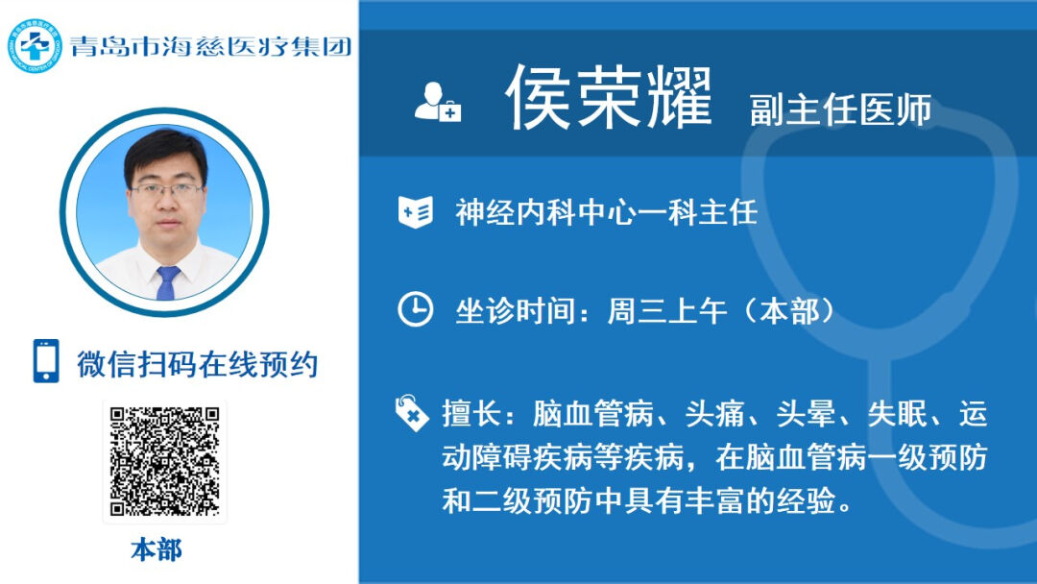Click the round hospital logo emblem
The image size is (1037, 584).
35,46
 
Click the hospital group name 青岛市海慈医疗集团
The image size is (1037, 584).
211,46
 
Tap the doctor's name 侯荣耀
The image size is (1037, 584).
609,98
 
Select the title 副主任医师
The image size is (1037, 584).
840,109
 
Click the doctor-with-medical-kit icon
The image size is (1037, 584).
437,102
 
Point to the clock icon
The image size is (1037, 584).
416,309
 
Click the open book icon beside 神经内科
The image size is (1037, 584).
416,212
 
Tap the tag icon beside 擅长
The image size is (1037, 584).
412,413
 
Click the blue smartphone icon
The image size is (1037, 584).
46,361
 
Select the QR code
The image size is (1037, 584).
165,462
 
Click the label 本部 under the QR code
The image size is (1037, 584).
157,550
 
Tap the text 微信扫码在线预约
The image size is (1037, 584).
198,364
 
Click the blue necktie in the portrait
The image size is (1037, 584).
167,282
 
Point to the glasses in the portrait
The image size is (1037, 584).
167,191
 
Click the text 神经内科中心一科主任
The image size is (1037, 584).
607,213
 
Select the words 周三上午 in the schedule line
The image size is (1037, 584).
667,311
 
